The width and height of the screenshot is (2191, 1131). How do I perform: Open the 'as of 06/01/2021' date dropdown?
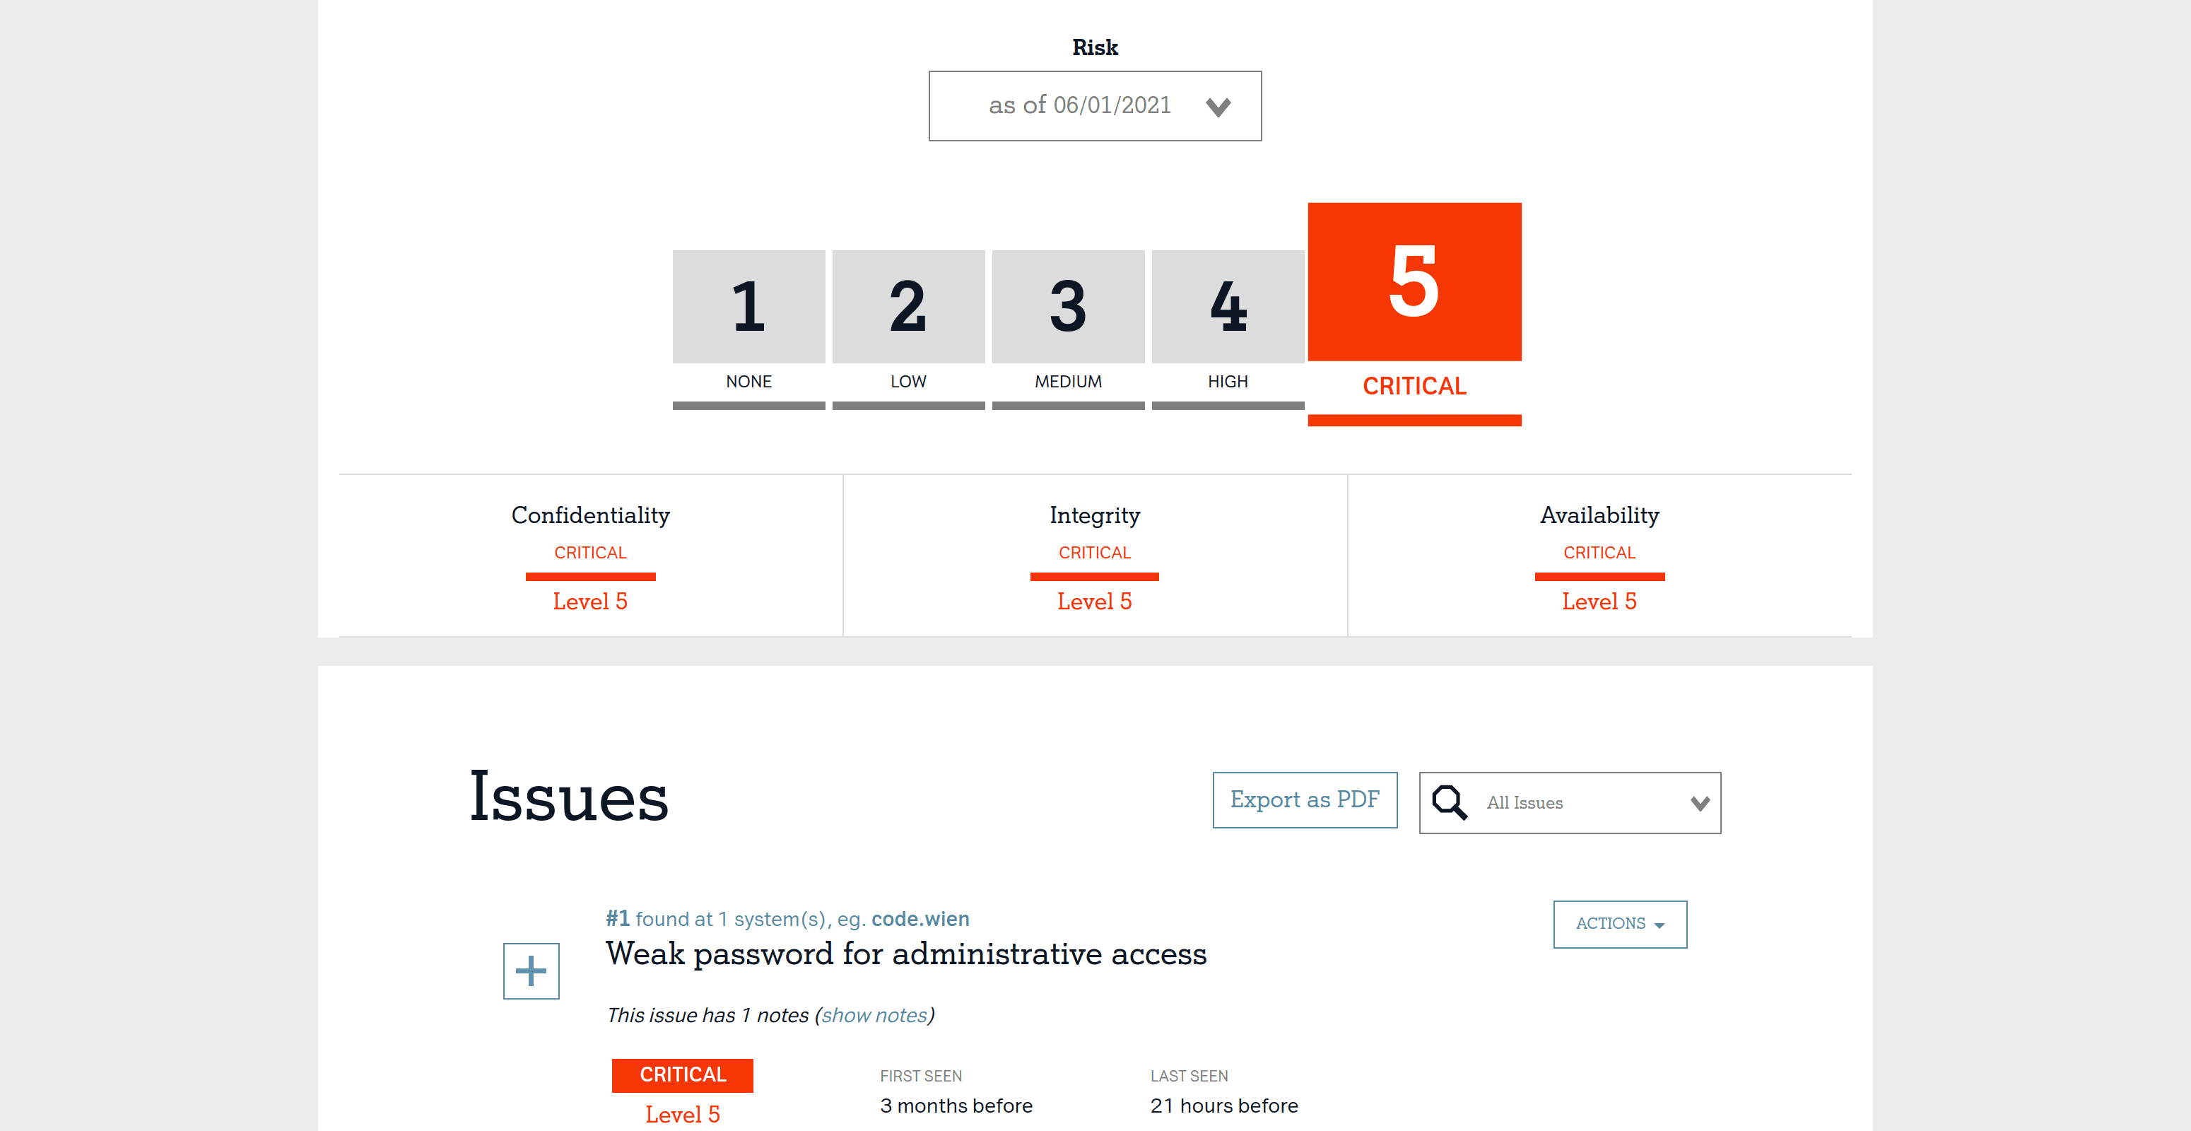point(1095,106)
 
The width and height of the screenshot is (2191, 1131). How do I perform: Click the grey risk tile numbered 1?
point(748,306)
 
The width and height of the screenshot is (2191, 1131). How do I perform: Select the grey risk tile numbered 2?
point(908,306)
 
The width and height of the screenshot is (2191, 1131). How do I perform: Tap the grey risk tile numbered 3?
point(1068,306)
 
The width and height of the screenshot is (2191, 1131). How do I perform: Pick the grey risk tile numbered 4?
point(1228,306)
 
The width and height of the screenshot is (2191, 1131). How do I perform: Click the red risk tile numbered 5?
point(1414,281)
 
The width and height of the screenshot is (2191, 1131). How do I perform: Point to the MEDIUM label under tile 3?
point(1068,382)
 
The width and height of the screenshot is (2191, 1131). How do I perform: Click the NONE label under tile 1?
point(748,382)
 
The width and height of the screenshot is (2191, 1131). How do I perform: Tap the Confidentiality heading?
point(590,515)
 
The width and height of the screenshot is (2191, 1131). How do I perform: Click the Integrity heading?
point(1095,515)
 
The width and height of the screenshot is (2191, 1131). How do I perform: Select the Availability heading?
point(1599,515)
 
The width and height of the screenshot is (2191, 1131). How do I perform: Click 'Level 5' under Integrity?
point(1095,602)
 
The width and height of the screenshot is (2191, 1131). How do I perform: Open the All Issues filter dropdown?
point(1570,803)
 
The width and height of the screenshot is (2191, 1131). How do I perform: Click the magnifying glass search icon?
point(1450,802)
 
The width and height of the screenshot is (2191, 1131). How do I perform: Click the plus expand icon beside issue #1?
point(531,971)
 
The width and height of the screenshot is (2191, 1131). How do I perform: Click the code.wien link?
point(920,919)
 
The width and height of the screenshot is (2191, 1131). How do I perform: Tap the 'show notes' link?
point(874,1015)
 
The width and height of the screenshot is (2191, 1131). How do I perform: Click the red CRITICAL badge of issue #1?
point(682,1075)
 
